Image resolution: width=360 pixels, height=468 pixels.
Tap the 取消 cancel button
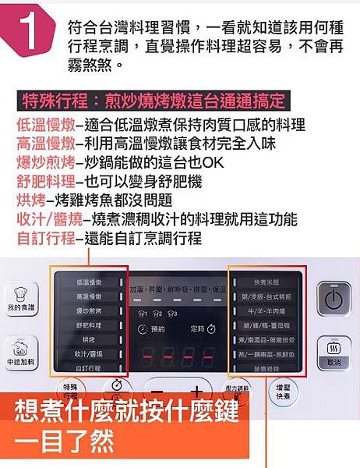tap(334, 353)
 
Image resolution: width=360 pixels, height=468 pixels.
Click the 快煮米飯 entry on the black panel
tap(266, 282)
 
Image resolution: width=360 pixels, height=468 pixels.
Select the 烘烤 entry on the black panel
tap(88, 340)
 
